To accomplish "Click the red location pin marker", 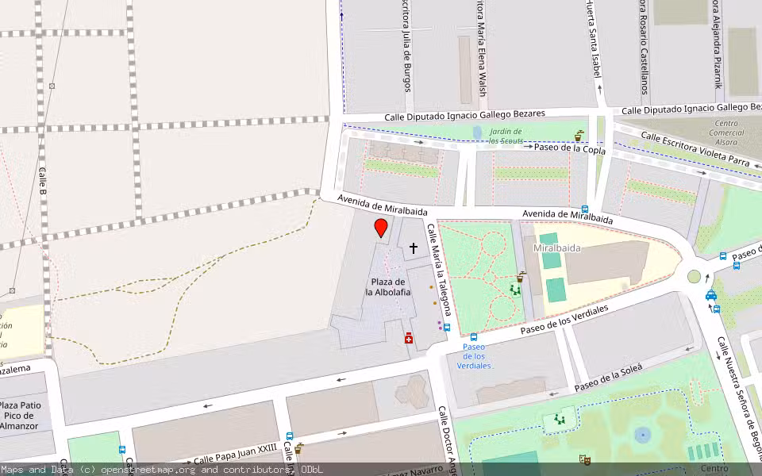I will point(381,228).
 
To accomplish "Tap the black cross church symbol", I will point(413,248).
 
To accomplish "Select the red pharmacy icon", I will point(409,339).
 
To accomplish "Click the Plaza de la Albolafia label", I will point(388,286).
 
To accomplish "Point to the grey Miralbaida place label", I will point(557,248).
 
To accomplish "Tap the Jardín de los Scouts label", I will point(505,136).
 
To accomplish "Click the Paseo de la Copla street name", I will point(569,149).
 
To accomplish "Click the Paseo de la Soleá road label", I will point(607,377).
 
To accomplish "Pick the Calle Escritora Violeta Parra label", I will point(695,149).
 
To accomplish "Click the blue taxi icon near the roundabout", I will point(711,295).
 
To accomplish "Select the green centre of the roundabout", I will point(695,276).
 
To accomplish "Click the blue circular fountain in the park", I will point(642,434).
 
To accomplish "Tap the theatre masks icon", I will point(585,459).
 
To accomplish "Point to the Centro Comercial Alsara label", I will point(726,132).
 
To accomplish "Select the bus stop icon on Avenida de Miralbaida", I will point(585,209).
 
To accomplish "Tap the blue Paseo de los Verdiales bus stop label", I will point(474,356).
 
